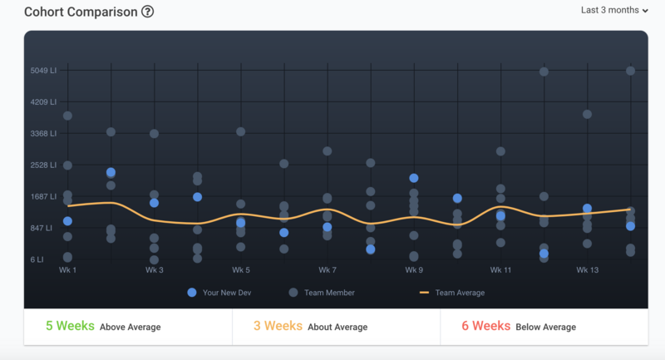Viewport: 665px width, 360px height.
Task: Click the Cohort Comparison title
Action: pyautogui.click(x=81, y=12)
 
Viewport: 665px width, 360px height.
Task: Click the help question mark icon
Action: pyautogui.click(x=147, y=12)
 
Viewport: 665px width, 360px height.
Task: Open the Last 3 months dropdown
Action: pyautogui.click(x=613, y=10)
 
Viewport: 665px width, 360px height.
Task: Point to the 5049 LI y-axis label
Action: pyautogui.click(x=43, y=71)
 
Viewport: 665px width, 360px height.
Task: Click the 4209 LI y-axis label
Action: pyautogui.click(x=43, y=102)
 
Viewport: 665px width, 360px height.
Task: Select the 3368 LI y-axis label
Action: pyautogui.click(x=43, y=133)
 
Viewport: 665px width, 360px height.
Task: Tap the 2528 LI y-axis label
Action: pyautogui.click(x=43, y=165)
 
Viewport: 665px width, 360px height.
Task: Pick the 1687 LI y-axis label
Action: pyautogui.click(x=43, y=196)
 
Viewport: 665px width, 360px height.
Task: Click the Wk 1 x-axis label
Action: pyautogui.click(x=68, y=270)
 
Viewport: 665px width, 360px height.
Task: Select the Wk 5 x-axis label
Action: pyautogui.click(x=241, y=270)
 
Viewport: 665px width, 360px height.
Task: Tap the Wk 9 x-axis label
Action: pyautogui.click(x=414, y=270)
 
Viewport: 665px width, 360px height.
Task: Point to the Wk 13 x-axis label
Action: pyautogui.click(x=587, y=270)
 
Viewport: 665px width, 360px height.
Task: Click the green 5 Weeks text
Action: pyautogui.click(x=70, y=327)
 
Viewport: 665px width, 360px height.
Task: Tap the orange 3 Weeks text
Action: pyautogui.click(x=278, y=327)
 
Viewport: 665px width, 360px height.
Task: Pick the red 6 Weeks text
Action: pyautogui.click(x=486, y=327)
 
